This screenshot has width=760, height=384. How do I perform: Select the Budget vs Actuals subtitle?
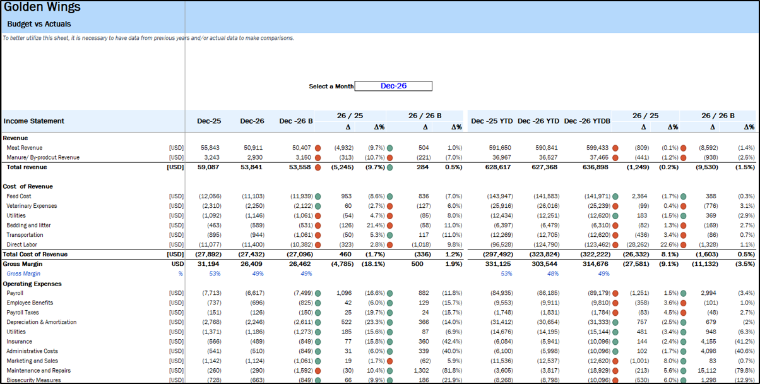point(39,24)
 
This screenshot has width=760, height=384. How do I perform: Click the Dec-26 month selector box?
point(393,86)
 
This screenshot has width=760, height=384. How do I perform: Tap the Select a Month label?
point(331,87)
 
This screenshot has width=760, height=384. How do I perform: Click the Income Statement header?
point(33,121)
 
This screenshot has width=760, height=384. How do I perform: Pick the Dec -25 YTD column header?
point(491,121)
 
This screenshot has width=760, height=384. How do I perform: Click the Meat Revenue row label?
point(24,147)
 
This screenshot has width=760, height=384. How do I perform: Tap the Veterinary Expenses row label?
point(32,206)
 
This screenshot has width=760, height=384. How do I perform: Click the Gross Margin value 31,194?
point(208,263)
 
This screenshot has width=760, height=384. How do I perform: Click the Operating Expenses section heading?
point(30,284)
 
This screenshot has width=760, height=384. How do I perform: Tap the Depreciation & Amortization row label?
point(41,322)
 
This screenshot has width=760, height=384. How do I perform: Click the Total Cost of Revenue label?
point(37,254)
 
